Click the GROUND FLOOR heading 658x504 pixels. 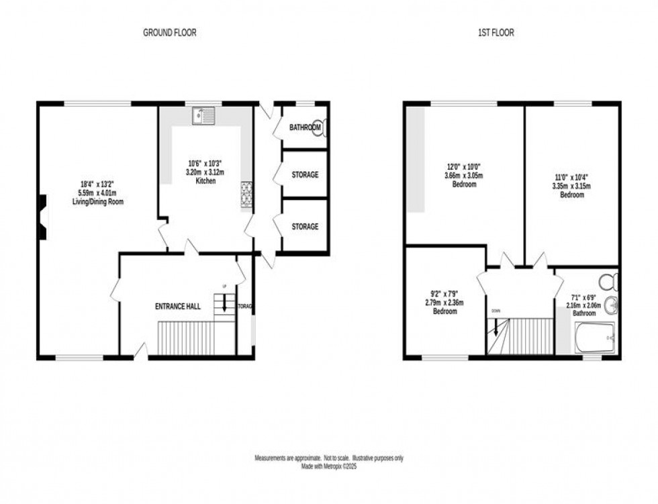point(169,32)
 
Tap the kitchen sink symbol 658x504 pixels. point(202,116)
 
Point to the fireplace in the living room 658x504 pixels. point(42,217)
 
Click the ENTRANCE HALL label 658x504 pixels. point(178,307)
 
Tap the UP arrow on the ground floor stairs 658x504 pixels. point(224,303)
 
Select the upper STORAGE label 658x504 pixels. point(304,175)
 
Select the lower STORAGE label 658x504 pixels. point(304,227)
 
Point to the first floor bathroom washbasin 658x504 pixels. point(610,306)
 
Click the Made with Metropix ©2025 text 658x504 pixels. point(328,466)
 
